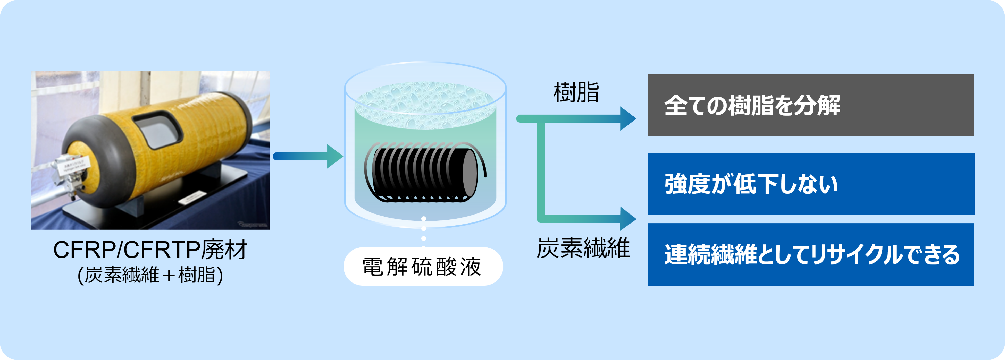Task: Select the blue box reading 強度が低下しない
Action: click(810, 184)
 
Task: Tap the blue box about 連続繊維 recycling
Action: click(810, 254)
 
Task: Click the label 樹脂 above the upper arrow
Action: click(576, 93)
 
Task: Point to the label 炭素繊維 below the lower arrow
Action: click(583, 248)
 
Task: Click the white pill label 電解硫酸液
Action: click(423, 266)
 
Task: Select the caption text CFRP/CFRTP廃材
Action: click(150, 250)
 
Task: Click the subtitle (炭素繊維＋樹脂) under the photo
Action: click(150, 275)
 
